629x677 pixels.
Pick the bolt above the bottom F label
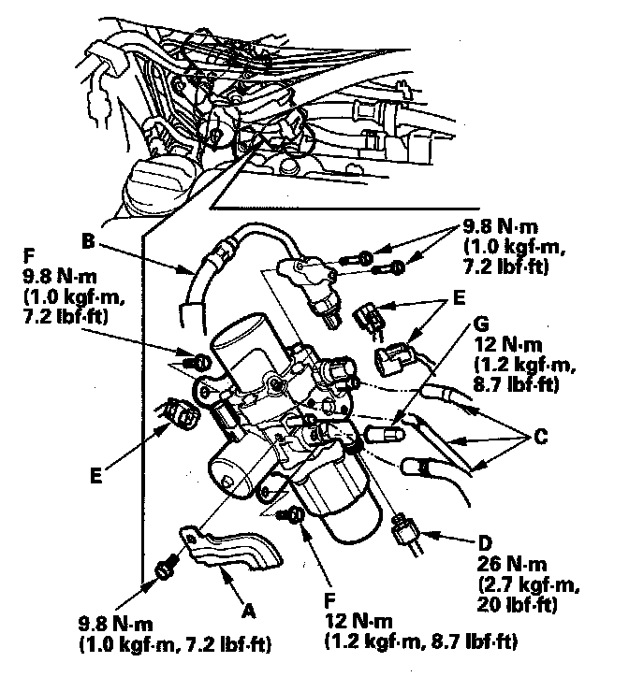pos(296,515)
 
